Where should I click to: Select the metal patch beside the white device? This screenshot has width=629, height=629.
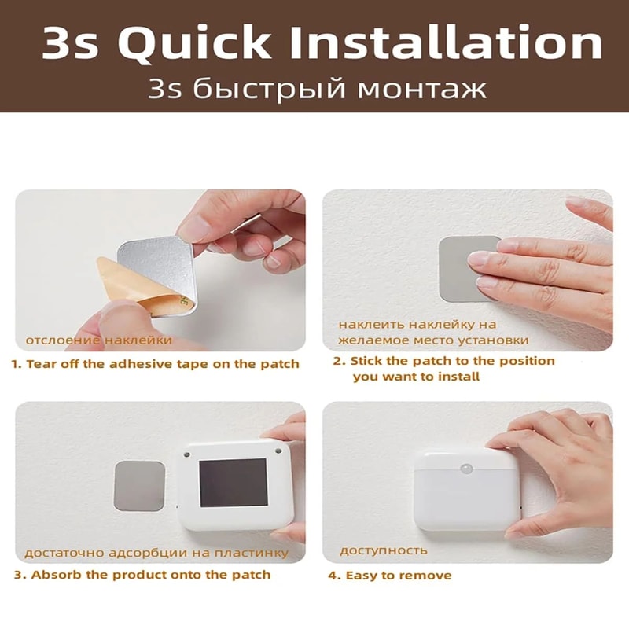tap(140, 485)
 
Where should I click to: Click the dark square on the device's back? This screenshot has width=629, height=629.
tap(233, 482)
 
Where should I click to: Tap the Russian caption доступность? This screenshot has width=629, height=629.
tap(384, 550)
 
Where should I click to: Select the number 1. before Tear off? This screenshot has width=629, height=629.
tap(16, 364)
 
